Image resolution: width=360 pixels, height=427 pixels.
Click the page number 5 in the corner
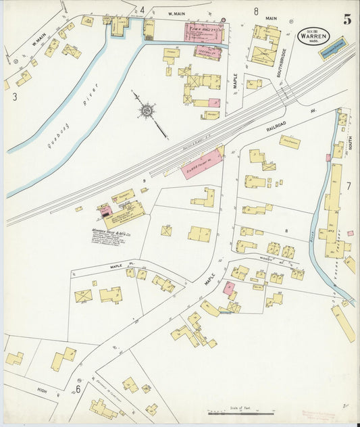(x=346, y=19)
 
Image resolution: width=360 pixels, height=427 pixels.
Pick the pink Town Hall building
(x=204, y=32)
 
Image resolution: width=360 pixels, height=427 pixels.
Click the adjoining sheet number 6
(x=78, y=388)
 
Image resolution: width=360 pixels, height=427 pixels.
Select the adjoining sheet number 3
(x=14, y=97)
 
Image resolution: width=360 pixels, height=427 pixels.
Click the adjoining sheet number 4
(x=142, y=10)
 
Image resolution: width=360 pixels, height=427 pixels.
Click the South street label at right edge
(x=350, y=139)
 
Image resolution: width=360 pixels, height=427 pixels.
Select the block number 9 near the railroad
(x=144, y=181)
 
